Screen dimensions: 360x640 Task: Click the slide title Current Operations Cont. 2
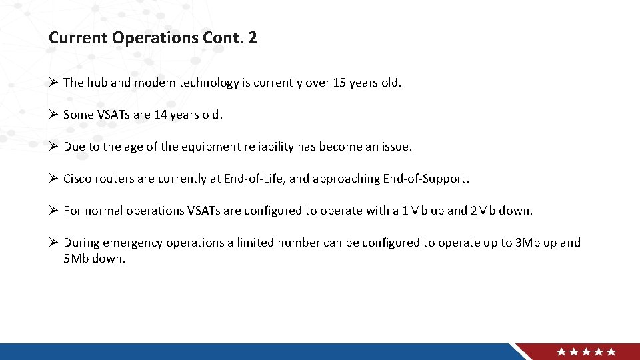tap(153, 38)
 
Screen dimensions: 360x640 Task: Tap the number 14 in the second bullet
tap(160, 115)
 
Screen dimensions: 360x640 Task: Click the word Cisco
tap(78, 179)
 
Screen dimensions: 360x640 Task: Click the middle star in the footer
tap(587, 352)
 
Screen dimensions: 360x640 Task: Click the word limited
tap(251, 243)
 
